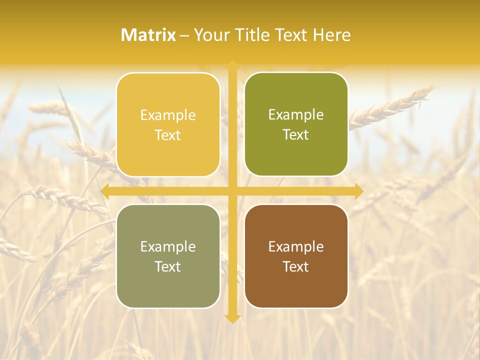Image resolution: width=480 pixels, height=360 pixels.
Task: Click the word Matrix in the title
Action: [x=148, y=35]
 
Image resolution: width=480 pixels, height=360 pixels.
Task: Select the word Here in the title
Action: [x=332, y=35]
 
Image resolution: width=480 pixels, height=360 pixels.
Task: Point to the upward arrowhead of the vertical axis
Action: [x=232, y=64]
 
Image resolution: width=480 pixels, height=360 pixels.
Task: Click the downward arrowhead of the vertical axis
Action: [x=232, y=318]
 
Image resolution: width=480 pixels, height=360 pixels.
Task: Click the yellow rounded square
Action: [x=168, y=124]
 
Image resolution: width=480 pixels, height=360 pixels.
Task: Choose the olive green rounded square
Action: [x=296, y=124]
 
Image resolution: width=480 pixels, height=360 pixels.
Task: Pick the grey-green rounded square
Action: [x=168, y=256]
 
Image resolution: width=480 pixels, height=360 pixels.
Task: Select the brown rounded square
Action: [x=296, y=256]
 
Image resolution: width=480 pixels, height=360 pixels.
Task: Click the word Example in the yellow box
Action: [x=168, y=115]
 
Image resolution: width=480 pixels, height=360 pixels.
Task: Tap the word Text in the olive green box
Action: [x=296, y=135]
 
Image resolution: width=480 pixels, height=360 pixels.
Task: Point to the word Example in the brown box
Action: [x=296, y=246]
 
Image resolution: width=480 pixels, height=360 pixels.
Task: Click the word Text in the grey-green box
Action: [x=168, y=267]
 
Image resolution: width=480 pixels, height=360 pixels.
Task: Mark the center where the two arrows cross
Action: [x=232, y=191]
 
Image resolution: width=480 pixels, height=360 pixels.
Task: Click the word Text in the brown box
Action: [x=296, y=267]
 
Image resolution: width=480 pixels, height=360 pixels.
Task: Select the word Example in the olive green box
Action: [x=296, y=115]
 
